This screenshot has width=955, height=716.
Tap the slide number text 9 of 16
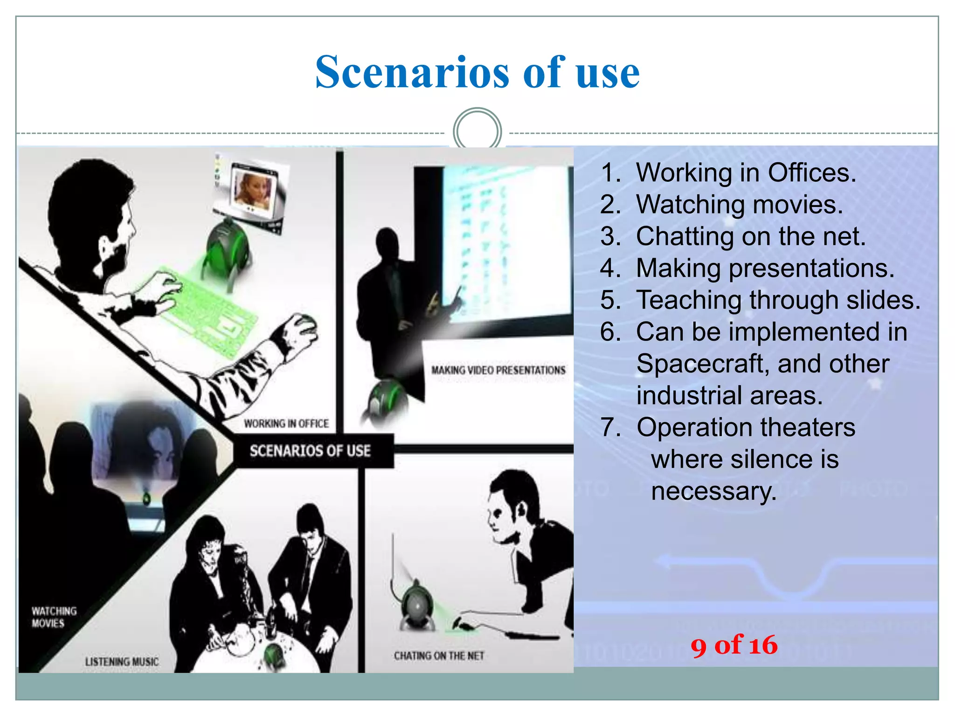click(x=734, y=646)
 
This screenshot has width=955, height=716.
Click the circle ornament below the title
click(x=477, y=131)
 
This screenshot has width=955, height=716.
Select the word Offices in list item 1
click(x=811, y=172)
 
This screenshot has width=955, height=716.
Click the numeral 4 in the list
click(x=608, y=268)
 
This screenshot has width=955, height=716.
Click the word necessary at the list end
click(x=713, y=491)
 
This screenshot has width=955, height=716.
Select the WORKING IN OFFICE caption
click(x=286, y=423)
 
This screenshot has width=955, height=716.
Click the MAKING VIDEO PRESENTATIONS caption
click(x=498, y=370)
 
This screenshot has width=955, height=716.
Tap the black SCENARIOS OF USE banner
click(x=311, y=451)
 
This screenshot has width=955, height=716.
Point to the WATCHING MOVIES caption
click(x=54, y=617)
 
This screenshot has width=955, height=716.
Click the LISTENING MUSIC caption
click(x=122, y=661)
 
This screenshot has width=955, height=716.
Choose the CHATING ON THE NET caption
click(x=439, y=656)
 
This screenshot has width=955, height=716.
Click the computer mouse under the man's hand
click(x=305, y=326)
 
